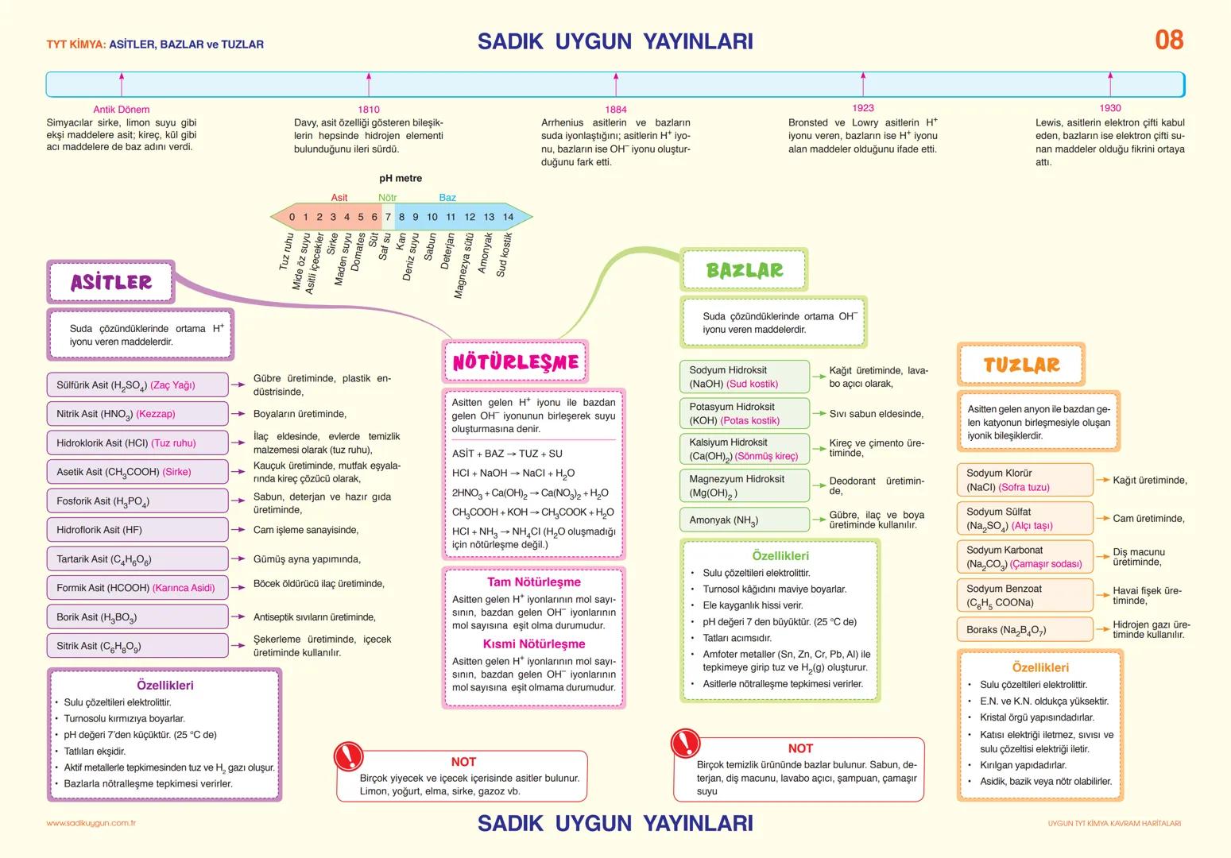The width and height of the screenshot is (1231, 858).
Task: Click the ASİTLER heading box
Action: tap(111, 282)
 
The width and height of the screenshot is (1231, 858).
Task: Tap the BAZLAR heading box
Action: tap(744, 270)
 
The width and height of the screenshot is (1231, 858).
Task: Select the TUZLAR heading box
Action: tap(1021, 365)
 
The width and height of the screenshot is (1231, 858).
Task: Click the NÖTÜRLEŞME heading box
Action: tap(515, 362)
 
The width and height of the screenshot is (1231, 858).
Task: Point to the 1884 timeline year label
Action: tap(616, 110)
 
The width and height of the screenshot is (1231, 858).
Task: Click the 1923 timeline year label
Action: tap(863, 108)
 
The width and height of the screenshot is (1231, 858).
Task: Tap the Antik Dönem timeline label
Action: tap(122, 110)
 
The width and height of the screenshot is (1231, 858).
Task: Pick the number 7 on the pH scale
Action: tap(388, 217)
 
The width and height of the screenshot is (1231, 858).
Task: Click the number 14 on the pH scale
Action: tap(508, 217)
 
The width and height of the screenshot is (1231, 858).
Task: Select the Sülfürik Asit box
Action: tap(137, 385)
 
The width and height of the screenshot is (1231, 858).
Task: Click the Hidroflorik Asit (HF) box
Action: tap(137, 530)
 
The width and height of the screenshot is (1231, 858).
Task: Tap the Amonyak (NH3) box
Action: tap(744, 520)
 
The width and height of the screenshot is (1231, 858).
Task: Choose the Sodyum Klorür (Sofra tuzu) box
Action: tap(1024, 480)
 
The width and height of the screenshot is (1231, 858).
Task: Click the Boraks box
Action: tap(1024, 630)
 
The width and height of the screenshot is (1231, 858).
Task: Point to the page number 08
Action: tap(1168, 40)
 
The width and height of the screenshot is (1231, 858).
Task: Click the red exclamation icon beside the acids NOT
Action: tap(348, 756)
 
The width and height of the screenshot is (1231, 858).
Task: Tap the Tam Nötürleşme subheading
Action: tap(533, 582)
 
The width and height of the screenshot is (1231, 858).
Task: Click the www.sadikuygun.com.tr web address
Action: tap(91, 824)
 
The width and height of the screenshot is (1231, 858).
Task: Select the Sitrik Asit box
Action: tap(137, 646)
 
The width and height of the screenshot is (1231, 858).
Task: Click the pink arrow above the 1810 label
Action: tap(369, 83)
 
